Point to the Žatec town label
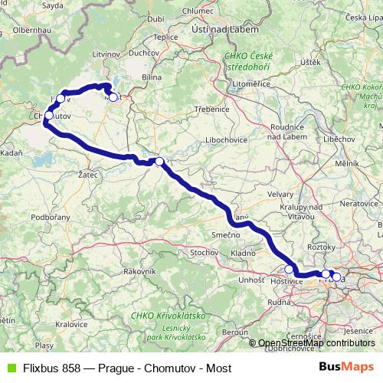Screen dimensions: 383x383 [90, 175]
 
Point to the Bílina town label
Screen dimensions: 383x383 [151, 77]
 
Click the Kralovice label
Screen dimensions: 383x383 [71, 324]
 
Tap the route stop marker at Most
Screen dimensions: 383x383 [113, 97]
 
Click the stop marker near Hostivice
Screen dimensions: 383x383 [289, 269]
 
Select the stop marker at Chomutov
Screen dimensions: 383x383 [48, 116]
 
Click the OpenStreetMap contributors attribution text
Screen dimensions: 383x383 [317, 343]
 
